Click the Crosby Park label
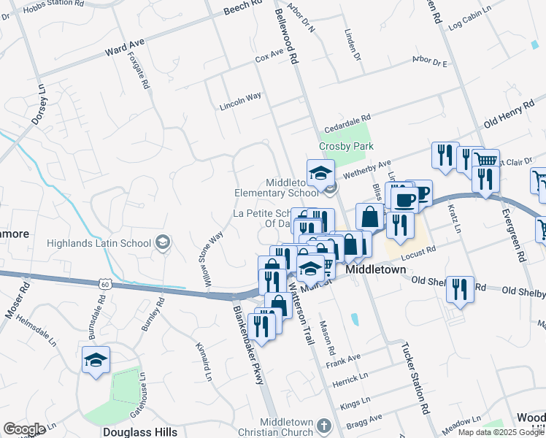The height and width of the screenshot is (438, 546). pos(346,146)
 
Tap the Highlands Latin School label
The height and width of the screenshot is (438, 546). pos(98,243)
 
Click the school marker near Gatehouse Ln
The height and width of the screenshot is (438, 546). pos(96,361)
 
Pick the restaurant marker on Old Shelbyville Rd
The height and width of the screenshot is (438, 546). pos(460,289)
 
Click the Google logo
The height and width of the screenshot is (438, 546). pos(24,429)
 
